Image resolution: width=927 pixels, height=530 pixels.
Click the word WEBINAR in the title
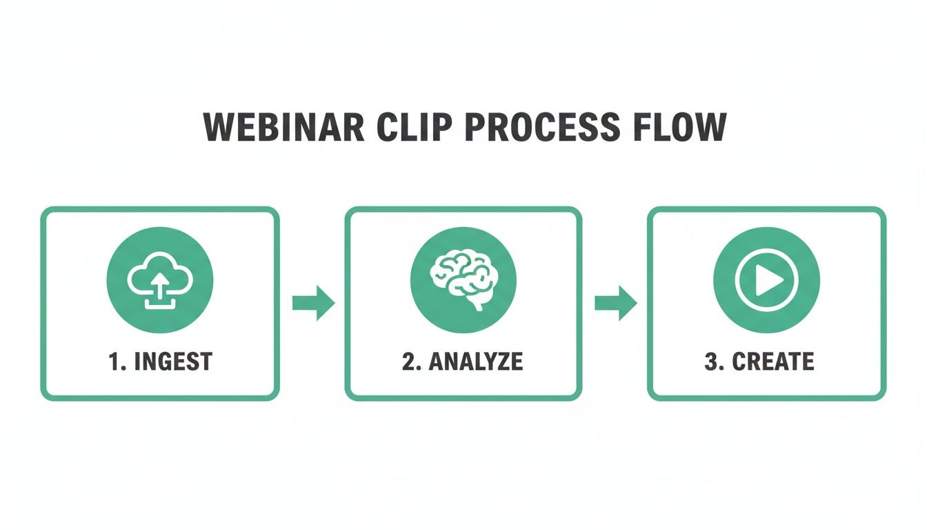[x=284, y=127]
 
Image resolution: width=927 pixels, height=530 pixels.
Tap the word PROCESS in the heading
[x=543, y=127]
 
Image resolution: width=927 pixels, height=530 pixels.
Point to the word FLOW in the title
[x=680, y=127]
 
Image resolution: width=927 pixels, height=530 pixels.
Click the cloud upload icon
[x=160, y=280]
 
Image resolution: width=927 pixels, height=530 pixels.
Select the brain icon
[x=463, y=279]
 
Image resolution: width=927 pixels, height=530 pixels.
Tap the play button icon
[x=766, y=280]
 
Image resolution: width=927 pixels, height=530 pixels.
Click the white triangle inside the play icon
[x=769, y=280]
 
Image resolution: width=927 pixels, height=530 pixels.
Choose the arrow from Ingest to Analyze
[x=313, y=303]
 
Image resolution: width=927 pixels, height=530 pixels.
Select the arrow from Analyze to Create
[x=616, y=303]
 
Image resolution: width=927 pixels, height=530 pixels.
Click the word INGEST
[x=173, y=362]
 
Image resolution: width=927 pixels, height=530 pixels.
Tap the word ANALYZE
[x=475, y=362]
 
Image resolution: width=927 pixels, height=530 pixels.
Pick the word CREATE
[x=773, y=362]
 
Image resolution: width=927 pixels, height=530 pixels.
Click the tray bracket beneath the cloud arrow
[x=160, y=307]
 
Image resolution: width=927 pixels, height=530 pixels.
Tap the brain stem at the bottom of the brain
[x=477, y=305]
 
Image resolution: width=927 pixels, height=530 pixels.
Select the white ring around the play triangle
[x=766, y=250]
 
